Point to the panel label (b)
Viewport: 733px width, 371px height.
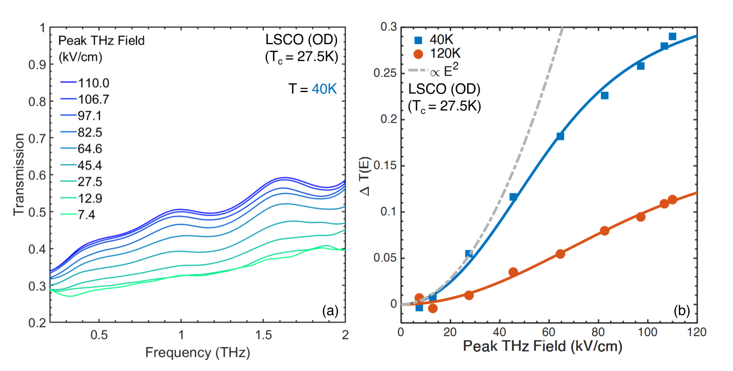681,311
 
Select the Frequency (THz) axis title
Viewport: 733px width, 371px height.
197,353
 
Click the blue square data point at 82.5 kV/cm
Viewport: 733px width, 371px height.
605,95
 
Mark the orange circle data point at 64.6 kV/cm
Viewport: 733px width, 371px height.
560,254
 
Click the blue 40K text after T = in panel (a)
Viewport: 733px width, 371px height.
324,89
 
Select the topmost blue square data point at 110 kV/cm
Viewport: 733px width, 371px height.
672,36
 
